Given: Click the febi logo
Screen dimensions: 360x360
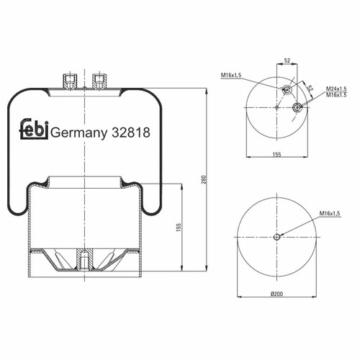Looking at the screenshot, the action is (x=34, y=129).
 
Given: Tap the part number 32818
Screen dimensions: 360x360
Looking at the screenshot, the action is (x=131, y=132).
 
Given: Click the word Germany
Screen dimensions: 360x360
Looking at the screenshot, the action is (x=79, y=133).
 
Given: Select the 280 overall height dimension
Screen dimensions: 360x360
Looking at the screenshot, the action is (x=204, y=179).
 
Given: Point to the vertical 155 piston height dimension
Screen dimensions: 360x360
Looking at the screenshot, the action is (x=179, y=228).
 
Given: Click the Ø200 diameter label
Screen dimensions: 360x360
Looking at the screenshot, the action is (x=276, y=294).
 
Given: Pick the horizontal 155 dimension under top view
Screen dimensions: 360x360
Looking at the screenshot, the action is (x=276, y=154).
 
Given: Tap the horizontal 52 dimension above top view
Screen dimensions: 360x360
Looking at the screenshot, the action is (x=287, y=60).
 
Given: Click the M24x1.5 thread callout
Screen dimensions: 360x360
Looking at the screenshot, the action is (x=336, y=89).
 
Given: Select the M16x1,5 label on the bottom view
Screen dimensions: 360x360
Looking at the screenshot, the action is (x=330, y=213).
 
